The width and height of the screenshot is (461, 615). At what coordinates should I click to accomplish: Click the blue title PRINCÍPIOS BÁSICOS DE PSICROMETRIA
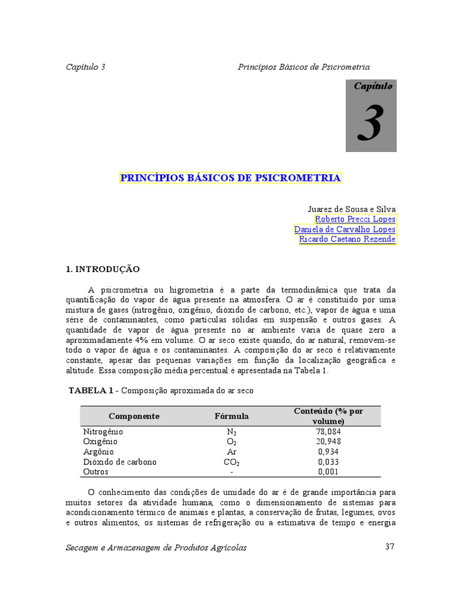pos(230,178)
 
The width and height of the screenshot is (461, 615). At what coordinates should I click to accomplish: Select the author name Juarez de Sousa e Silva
pos(351,209)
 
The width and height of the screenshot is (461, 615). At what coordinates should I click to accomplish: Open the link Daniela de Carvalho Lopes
pos(345,229)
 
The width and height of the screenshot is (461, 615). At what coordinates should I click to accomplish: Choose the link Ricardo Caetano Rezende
pos(348,239)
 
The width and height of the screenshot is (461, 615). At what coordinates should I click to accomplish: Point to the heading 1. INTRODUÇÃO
pos(102,270)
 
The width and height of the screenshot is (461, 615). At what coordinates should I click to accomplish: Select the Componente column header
pos(134,416)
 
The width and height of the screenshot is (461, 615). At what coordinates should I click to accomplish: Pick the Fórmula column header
pos(232,416)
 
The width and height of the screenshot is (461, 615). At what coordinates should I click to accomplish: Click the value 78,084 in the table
pos(328,431)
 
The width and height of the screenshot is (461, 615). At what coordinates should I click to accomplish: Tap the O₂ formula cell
pos(232,442)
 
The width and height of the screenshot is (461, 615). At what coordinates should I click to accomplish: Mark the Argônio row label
pos(98,452)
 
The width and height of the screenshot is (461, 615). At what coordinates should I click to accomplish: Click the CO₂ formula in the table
pos(232,462)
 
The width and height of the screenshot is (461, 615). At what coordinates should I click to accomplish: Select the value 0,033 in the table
pos(328,462)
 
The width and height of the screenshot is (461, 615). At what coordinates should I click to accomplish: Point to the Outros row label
pos(95,471)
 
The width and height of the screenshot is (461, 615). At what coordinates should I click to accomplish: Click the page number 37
pos(390,547)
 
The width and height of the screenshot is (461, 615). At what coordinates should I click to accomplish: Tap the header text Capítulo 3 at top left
pos(85,67)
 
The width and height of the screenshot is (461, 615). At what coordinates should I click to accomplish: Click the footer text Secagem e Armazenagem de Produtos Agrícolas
pos(156,547)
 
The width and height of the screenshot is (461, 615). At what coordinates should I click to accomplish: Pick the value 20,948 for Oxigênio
pos(328,441)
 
